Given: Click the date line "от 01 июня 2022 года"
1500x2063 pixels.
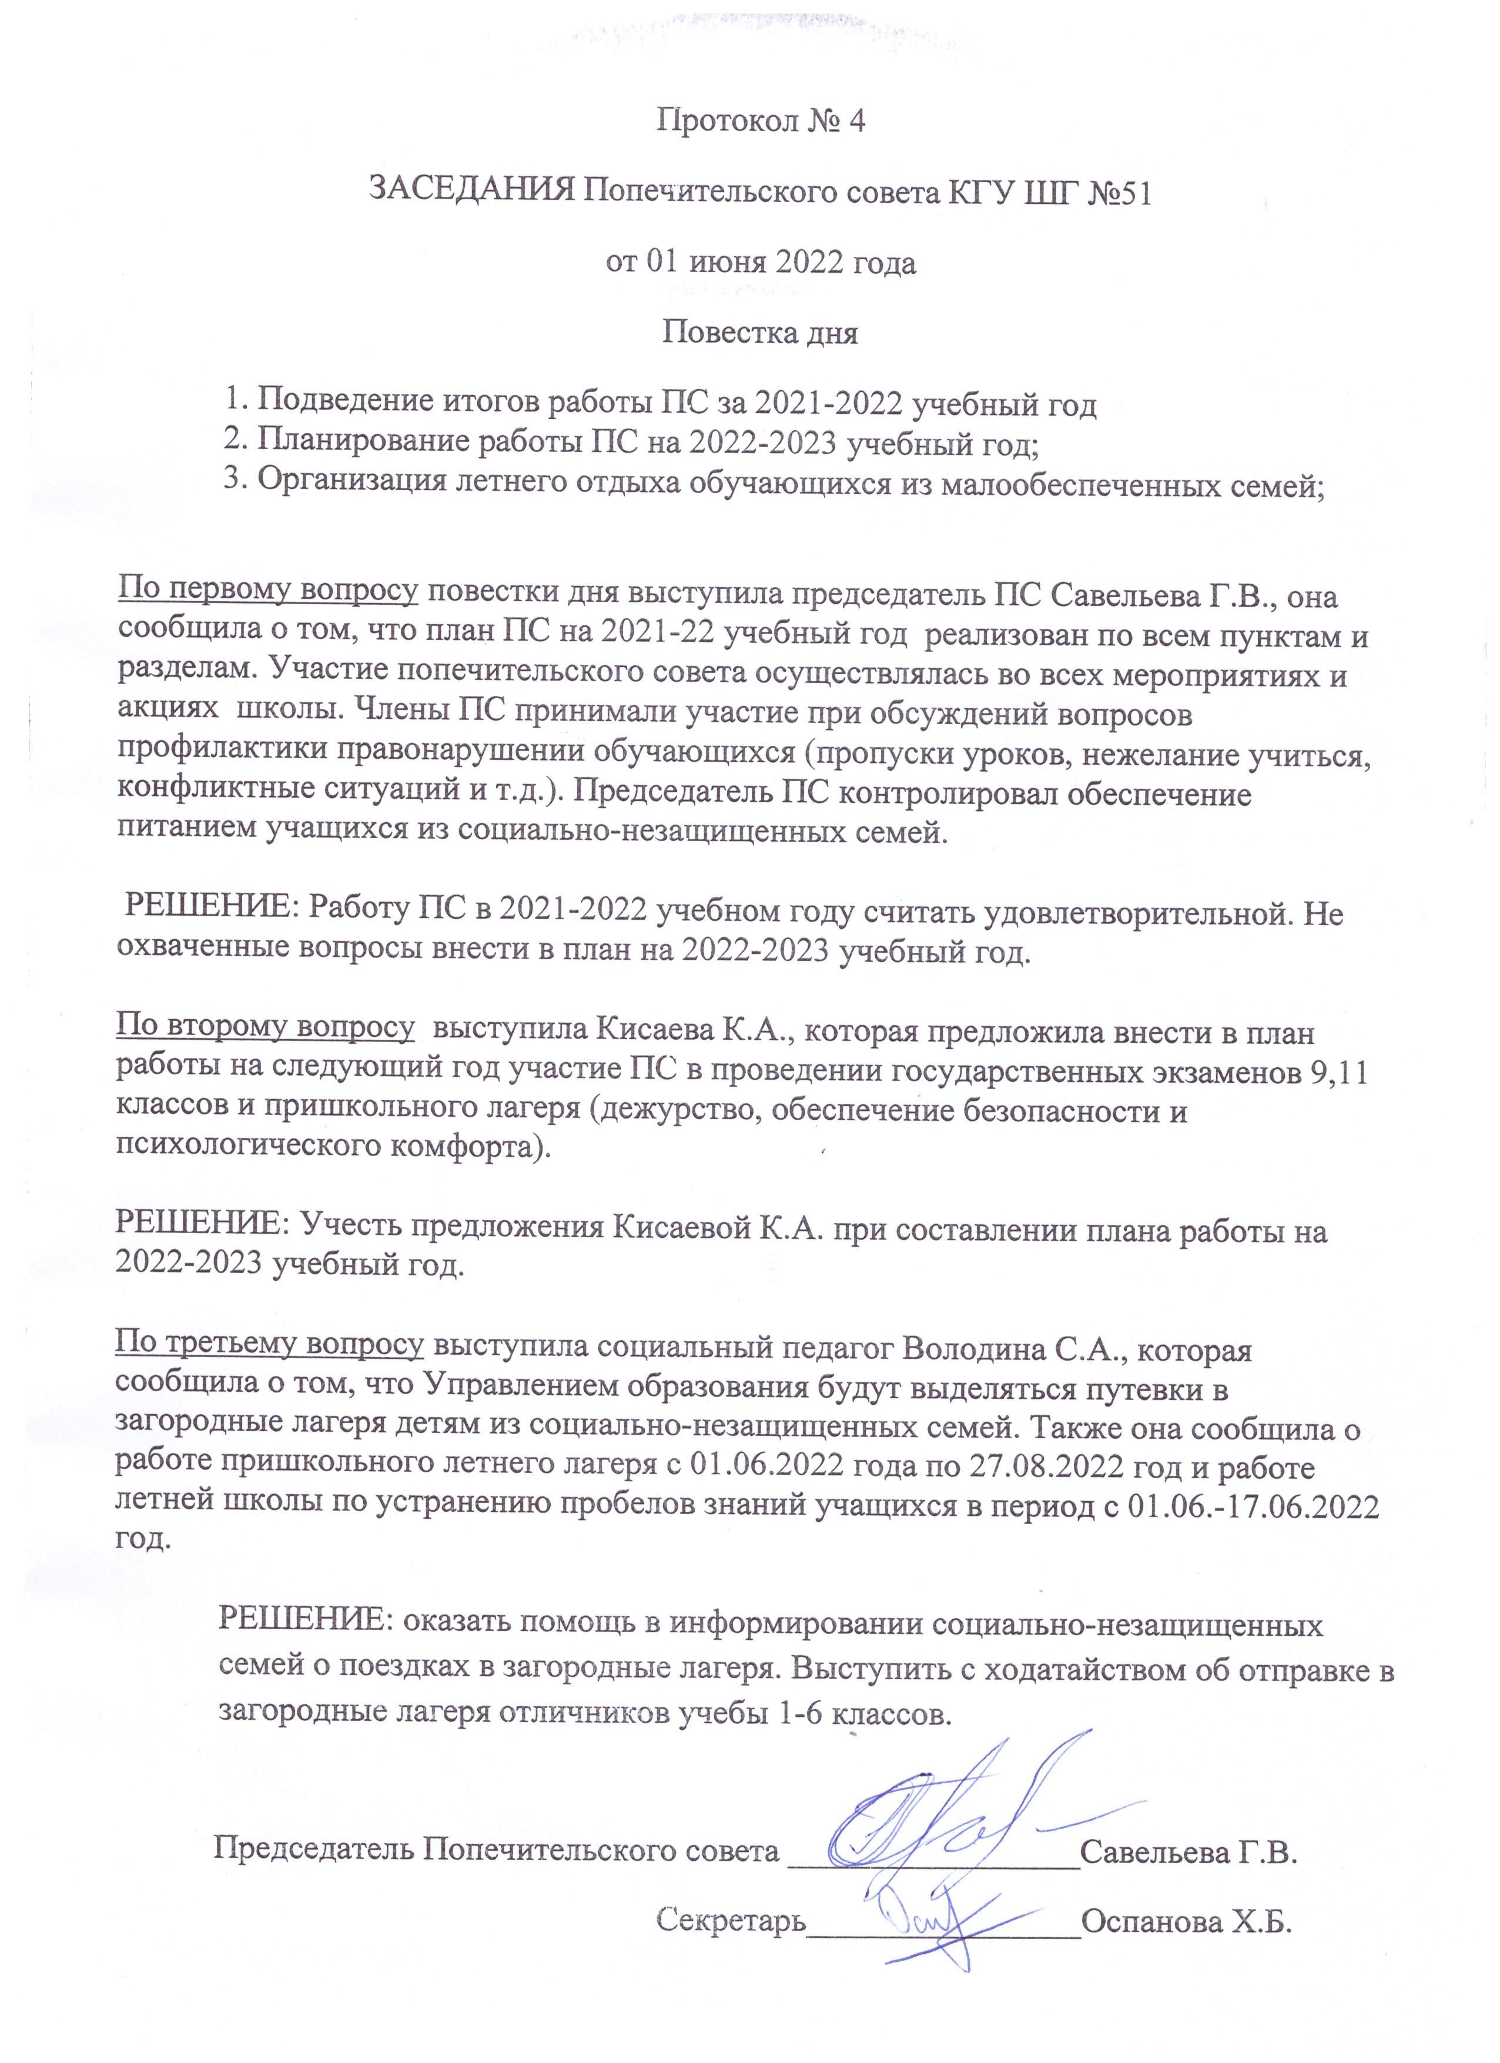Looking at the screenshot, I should click(x=761, y=262).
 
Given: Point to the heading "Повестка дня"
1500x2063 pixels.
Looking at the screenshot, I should click(x=759, y=332).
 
